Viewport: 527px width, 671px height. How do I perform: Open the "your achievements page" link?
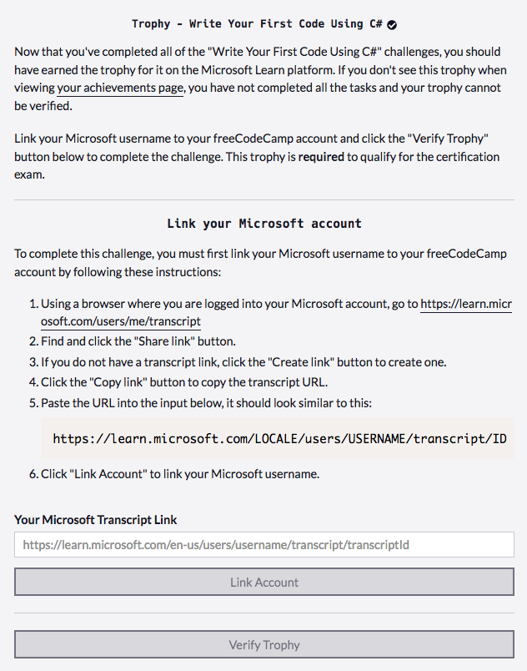point(120,88)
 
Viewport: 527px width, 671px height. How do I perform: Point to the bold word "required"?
point(321,157)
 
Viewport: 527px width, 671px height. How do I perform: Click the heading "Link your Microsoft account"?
point(263,224)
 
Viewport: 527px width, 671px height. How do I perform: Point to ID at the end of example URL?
point(498,439)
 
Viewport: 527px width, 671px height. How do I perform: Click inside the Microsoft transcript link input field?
point(263,545)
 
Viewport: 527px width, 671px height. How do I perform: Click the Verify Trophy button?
point(263,645)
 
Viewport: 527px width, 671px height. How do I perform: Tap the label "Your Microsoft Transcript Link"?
point(96,520)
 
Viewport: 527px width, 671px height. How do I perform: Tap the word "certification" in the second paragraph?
point(468,157)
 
